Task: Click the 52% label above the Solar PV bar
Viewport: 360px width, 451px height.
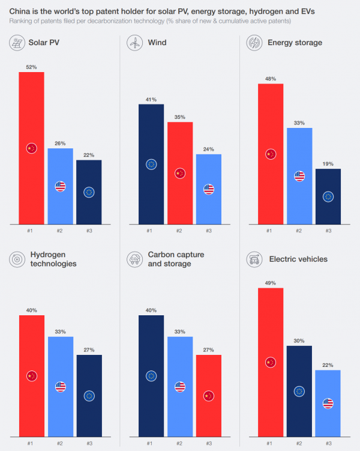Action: coord(31,66)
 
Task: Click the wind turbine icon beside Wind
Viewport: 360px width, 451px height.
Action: coord(134,43)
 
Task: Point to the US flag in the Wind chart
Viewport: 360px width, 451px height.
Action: coord(209,189)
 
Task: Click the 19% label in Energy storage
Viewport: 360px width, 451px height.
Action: coord(328,163)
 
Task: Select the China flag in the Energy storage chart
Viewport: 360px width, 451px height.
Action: coord(270,154)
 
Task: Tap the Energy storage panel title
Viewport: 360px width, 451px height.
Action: coord(296,43)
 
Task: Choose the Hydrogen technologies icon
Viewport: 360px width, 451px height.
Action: coord(16,259)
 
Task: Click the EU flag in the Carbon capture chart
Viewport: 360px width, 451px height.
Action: coord(151,376)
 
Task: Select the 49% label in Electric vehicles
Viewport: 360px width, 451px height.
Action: coord(270,282)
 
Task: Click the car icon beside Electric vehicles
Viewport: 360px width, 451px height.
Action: coord(254,259)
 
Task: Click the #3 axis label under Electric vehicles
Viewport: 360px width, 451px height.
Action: coord(328,444)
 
